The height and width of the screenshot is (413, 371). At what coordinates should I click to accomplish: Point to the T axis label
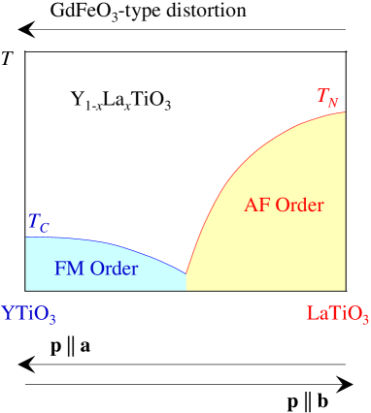[x=8, y=57]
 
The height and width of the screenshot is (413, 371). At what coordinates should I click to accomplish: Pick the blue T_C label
[x=37, y=225]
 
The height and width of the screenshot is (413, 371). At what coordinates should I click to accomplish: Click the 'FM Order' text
[x=96, y=268]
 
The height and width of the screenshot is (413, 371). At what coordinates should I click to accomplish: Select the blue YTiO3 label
[x=29, y=314]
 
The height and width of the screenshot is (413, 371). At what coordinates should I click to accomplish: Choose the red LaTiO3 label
[x=337, y=314]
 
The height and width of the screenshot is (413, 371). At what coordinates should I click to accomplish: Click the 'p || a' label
[x=72, y=346]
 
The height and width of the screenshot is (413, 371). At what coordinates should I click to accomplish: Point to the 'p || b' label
[x=310, y=399]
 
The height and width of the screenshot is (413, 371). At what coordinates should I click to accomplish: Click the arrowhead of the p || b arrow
[x=346, y=381]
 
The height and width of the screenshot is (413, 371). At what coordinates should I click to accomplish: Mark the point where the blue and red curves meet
[x=185, y=273]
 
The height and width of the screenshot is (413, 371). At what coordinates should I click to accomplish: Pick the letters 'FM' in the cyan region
[x=69, y=268]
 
